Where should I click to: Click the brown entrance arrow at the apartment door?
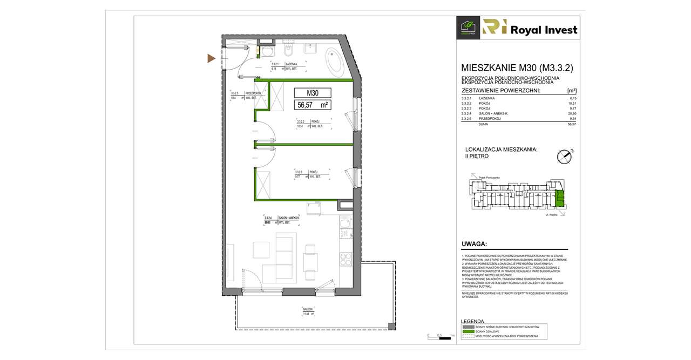[212, 58]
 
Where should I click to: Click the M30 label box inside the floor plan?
[313, 92]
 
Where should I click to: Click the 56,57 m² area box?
[313, 104]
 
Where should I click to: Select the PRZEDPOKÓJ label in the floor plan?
[253, 93]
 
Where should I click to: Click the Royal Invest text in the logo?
[545, 30]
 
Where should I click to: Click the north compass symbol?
[564, 156]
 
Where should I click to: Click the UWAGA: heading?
[474, 244]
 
